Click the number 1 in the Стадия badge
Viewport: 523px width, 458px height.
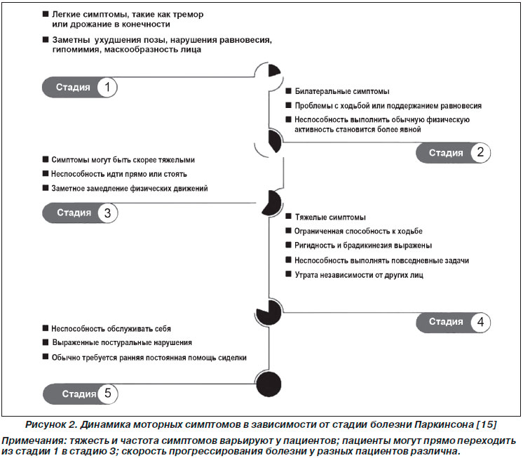pyautogui.click(x=107, y=88)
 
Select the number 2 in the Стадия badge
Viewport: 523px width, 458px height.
pyautogui.click(x=480, y=152)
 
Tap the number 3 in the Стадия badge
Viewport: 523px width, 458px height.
pyautogui.click(x=107, y=213)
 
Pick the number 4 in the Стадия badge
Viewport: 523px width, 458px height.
pyautogui.click(x=480, y=322)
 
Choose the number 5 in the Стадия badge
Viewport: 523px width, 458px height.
pyautogui.click(x=107, y=393)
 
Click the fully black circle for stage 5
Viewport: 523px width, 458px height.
pyautogui.click(x=269, y=384)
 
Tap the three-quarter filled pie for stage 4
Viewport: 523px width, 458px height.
pyautogui.click(x=269, y=312)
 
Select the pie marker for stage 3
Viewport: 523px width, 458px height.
pyautogui.click(x=271, y=203)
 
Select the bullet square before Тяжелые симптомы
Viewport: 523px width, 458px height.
pyautogui.click(x=289, y=216)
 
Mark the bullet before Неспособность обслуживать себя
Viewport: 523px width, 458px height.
pyautogui.click(x=46, y=328)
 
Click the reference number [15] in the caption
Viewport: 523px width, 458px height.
pyautogui.click(x=487, y=424)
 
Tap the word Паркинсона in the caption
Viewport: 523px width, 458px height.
pyautogui.click(x=444, y=424)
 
